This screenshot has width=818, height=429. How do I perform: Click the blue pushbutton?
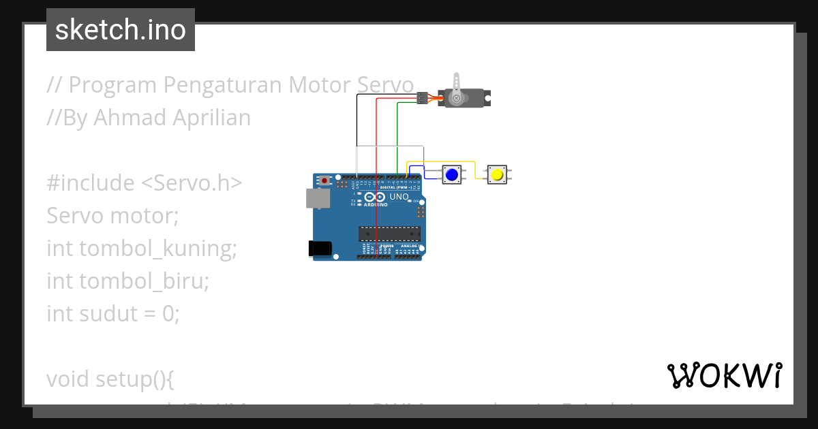click(x=451, y=174)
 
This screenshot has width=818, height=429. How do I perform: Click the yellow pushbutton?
click(x=497, y=174)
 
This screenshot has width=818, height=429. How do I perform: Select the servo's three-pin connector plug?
click(x=422, y=98)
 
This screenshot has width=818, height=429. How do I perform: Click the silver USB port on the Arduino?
click(x=316, y=198)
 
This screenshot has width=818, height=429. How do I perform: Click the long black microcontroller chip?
click(x=389, y=234)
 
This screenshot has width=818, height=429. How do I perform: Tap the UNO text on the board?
click(x=399, y=197)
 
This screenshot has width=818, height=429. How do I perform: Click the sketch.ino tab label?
click(x=121, y=30)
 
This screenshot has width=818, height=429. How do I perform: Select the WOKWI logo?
click(x=724, y=375)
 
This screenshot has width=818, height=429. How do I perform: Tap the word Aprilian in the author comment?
click(x=211, y=118)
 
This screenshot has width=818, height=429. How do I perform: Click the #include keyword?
click(x=91, y=183)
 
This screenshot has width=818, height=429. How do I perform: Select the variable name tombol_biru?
click(x=144, y=281)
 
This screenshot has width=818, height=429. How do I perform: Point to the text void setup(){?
click(x=110, y=379)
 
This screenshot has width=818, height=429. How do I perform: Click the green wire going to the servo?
click(x=397, y=136)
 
